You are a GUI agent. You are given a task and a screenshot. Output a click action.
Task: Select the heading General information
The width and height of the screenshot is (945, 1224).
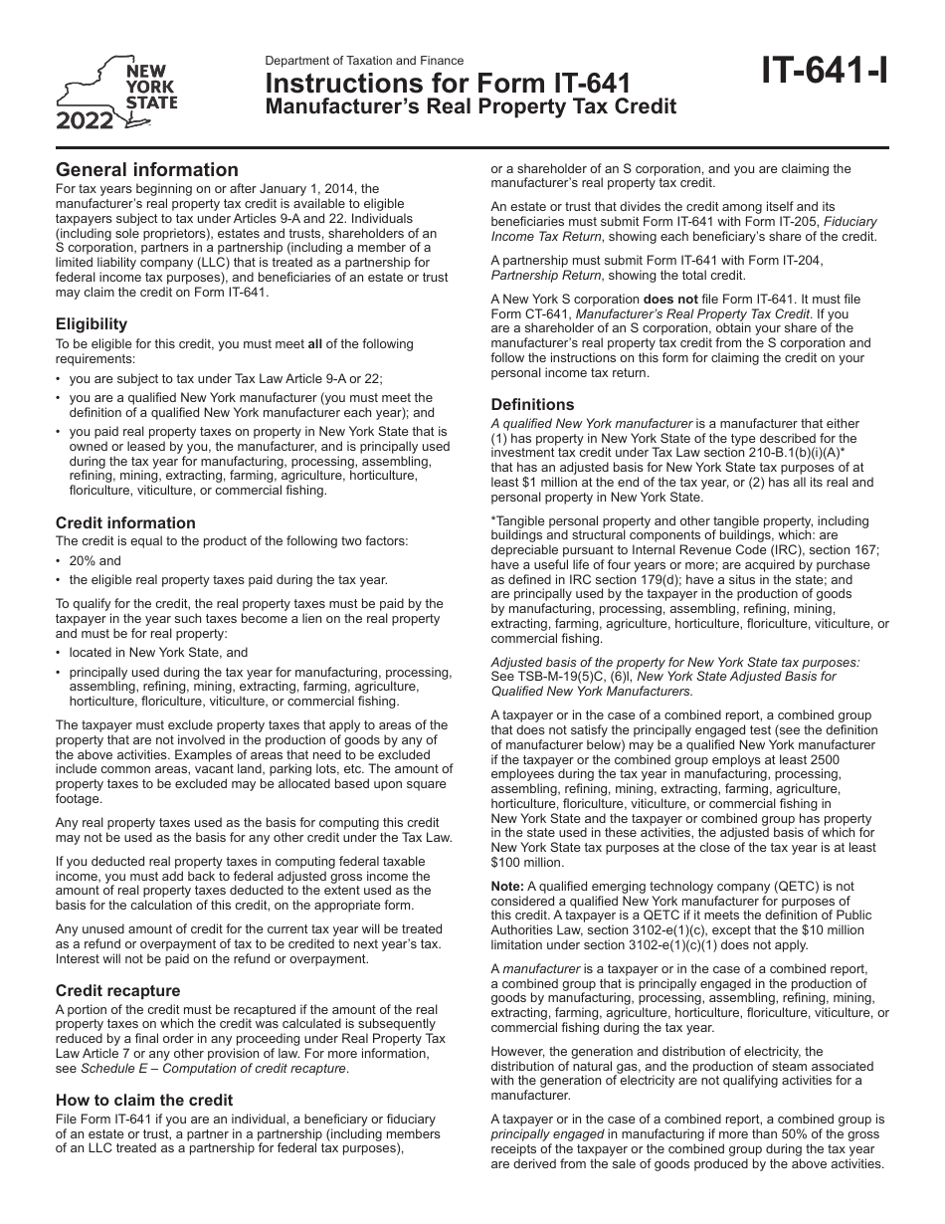pos(147,170)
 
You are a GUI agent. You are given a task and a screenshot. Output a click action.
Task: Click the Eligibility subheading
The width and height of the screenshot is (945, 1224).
pos(92,323)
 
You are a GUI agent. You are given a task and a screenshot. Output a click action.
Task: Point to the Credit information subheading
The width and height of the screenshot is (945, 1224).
pos(125,522)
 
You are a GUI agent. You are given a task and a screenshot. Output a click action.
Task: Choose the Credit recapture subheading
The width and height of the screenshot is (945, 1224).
pos(118,990)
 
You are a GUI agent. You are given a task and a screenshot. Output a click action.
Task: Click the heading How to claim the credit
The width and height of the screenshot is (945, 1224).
pos(144,1100)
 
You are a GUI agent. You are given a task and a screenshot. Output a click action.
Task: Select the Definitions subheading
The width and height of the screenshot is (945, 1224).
pos(532,404)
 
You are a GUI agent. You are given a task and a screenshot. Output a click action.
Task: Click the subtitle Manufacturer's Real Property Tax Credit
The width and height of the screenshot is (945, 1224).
pos(470,106)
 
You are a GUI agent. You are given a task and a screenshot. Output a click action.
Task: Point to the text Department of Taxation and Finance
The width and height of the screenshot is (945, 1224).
pos(364,61)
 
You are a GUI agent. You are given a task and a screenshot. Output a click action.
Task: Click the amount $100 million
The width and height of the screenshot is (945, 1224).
pos(527,862)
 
